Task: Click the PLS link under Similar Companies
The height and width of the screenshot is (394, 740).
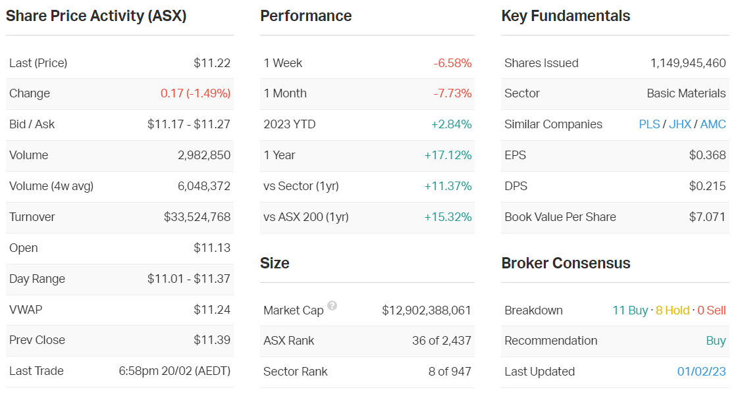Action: (x=649, y=124)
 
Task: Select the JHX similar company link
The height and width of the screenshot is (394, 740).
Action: (x=680, y=124)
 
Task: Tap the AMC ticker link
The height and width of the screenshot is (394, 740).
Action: (x=713, y=124)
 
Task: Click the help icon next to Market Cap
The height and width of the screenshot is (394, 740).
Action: (x=332, y=306)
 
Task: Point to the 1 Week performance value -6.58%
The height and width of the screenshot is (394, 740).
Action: (x=452, y=63)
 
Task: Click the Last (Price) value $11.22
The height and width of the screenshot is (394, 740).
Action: (x=212, y=63)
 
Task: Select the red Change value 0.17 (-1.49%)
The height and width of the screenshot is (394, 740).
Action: (x=196, y=93)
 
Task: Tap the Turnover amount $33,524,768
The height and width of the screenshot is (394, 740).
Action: (x=198, y=217)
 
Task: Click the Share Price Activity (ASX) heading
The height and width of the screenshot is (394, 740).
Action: (x=96, y=16)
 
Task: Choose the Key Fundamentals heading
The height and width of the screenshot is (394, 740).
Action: (x=566, y=16)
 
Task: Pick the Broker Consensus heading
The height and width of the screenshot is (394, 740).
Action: (x=566, y=263)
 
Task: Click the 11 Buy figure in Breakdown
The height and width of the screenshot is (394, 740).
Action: (x=630, y=310)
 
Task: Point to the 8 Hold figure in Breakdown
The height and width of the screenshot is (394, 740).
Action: (x=672, y=310)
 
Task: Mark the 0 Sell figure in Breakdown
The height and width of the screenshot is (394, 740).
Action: (x=712, y=310)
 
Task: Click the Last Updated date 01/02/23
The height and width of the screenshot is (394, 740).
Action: (x=701, y=372)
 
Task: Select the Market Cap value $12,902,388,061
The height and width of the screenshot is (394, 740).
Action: (x=427, y=310)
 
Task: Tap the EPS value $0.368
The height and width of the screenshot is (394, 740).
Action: (x=707, y=155)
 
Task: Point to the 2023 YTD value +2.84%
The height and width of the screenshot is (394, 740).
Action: (x=452, y=124)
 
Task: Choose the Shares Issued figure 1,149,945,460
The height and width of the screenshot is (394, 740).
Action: (x=688, y=63)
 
